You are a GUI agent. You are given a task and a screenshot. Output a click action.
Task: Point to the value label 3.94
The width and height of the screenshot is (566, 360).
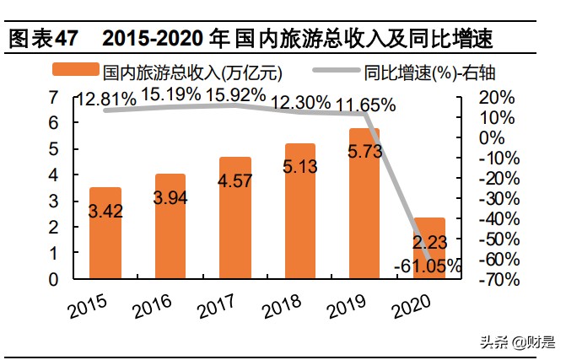[x=171, y=197]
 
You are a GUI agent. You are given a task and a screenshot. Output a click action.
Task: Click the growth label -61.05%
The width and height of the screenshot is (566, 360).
[x=428, y=266]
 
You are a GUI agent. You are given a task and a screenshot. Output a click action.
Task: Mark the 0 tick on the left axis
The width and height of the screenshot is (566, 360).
[x=54, y=279]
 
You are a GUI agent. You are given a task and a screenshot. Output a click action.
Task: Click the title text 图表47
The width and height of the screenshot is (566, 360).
[x=42, y=39]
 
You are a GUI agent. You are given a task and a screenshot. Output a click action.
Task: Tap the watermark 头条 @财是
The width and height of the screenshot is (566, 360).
[x=517, y=342]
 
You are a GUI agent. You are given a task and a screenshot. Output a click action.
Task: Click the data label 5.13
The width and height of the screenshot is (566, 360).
[x=299, y=166]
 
